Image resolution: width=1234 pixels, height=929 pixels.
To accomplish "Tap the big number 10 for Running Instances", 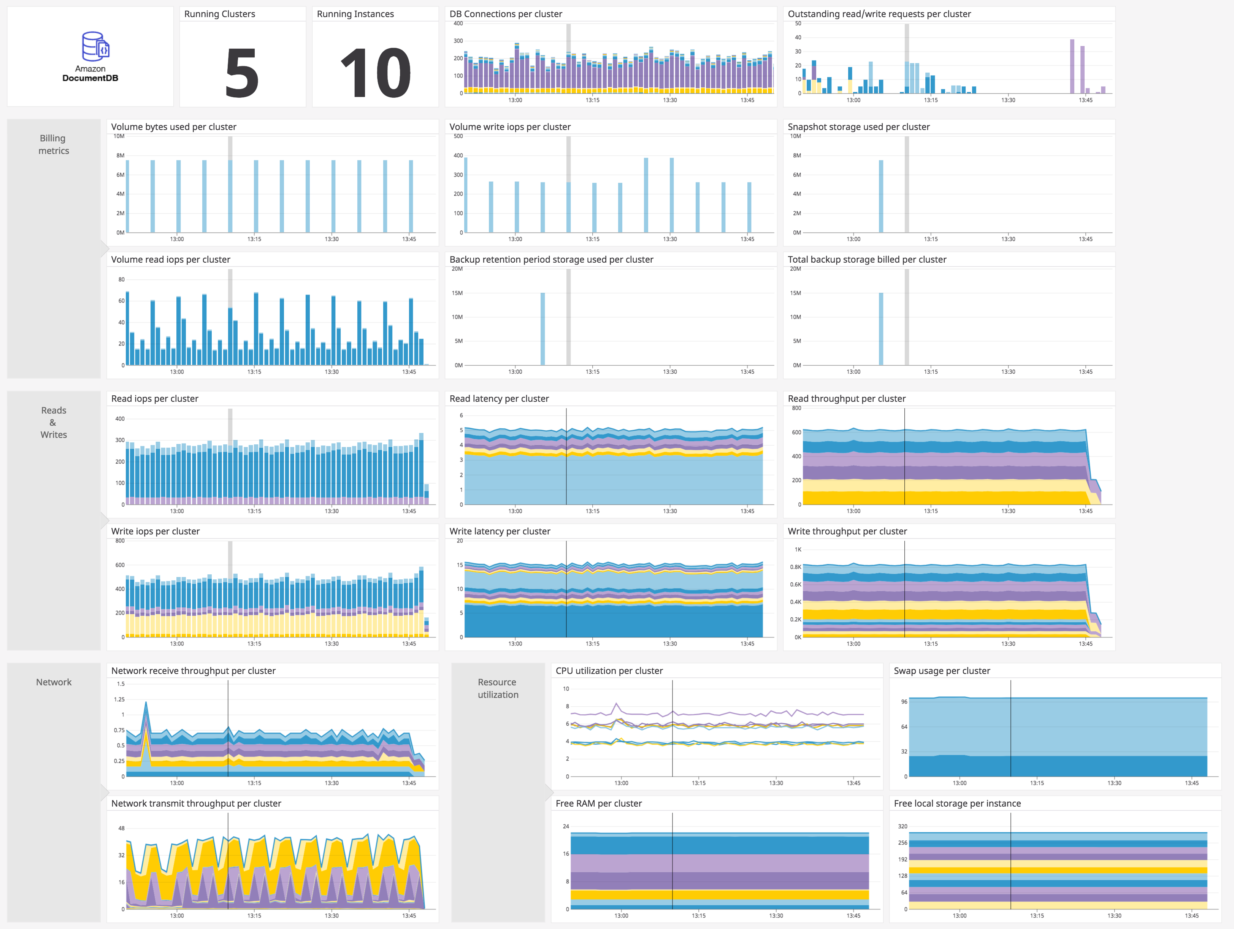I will (x=376, y=73).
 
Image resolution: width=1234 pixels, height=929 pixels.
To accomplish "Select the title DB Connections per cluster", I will (x=506, y=14).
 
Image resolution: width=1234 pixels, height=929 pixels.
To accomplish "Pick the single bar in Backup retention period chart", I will (x=542, y=329).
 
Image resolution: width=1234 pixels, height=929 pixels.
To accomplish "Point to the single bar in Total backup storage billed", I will (x=881, y=329).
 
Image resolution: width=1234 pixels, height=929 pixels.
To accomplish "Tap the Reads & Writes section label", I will (x=54, y=422).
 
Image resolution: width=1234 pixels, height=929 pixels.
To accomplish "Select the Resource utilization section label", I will (x=498, y=688).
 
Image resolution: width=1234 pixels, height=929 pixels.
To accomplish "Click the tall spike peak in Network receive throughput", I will (x=146, y=703).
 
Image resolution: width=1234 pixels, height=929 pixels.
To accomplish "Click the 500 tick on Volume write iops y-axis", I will (x=458, y=136).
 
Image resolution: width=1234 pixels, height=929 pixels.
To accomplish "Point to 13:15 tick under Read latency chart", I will (x=592, y=511).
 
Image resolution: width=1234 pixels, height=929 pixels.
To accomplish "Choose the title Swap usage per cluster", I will (x=942, y=671).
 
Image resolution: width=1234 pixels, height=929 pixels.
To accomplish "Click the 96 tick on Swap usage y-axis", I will (x=904, y=702).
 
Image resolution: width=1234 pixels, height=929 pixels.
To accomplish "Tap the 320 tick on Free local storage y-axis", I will (x=902, y=826).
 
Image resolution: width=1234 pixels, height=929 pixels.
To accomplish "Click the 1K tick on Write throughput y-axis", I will (x=798, y=550).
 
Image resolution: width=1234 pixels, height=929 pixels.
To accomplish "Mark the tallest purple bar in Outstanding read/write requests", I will (x=1072, y=66).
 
